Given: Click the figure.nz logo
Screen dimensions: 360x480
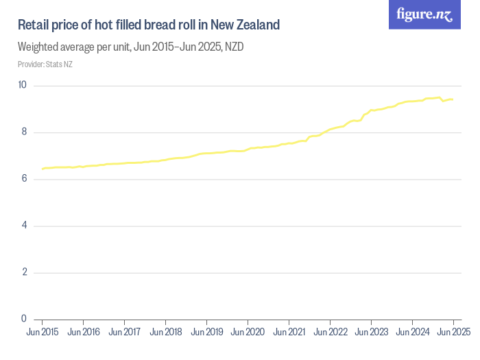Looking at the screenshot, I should pyautogui.click(x=424, y=14).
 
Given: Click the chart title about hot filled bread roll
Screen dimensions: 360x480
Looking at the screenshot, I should pyautogui.click(x=149, y=25).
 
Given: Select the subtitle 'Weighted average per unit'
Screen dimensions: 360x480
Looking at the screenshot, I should pyautogui.click(x=130, y=48).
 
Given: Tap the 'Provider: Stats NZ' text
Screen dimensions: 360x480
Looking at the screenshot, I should pyautogui.click(x=45, y=64).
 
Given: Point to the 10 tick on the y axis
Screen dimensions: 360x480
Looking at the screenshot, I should pyautogui.click(x=23, y=86).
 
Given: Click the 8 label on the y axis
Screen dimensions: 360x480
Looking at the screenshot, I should pyautogui.click(x=24, y=132).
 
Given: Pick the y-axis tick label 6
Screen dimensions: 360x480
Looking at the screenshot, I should pyautogui.click(x=24, y=179).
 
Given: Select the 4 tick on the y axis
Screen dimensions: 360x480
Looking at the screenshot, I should pyautogui.click(x=24, y=226).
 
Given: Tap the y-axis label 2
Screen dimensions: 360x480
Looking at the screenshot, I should pyautogui.click(x=24, y=272).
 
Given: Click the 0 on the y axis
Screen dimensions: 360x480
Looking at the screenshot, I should pyautogui.click(x=24, y=319).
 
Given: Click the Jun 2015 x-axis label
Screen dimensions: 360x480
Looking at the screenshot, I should pyautogui.click(x=43, y=333).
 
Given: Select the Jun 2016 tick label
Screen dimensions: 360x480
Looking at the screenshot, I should pyautogui.click(x=83, y=333).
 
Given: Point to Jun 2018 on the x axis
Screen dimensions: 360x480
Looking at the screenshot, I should pyautogui.click(x=165, y=333).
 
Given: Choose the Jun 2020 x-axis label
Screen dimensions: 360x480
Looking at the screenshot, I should pyautogui.click(x=248, y=333).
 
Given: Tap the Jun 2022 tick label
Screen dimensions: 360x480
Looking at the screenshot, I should pyautogui.click(x=330, y=333).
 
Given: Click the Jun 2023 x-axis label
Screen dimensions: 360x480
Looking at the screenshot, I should pyautogui.click(x=371, y=333).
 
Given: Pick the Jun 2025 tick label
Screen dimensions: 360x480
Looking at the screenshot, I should pyautogui.click(x=453, y=333).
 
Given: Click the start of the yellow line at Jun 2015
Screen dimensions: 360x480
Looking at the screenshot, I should pyautogui.click(x=43, y=169).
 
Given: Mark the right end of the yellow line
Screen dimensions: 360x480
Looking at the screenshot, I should pyautogui.click(x=453, y=99).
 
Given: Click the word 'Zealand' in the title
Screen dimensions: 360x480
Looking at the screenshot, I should pyautogui.click(x=258, y=25).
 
